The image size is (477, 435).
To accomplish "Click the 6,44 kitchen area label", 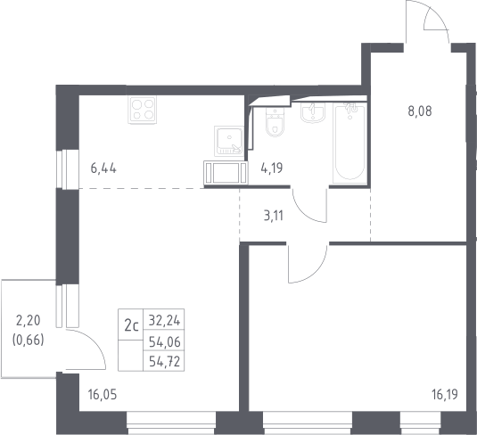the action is [x=103, y=168].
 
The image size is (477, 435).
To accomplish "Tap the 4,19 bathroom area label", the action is [x=272, y=168].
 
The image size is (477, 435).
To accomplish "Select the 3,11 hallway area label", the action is [x=273, y=216].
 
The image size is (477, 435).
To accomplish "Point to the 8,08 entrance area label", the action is [x=420, y=111].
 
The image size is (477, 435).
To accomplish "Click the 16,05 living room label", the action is [x=103, y=395].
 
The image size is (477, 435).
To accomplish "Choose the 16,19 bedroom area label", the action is [x=444, y=394].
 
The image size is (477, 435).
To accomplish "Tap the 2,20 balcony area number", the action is [x=28, y=321].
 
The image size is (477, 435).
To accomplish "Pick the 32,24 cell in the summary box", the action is [x=164, y=320].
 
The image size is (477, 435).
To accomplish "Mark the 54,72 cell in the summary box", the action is [x=164, y=362].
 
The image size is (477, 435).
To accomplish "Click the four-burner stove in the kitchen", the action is [x=143, y=110].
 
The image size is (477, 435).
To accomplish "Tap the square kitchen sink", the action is [x=229, y=141].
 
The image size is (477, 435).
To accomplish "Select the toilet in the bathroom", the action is [x=276, y=122].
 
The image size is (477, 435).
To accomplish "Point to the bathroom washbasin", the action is [x=313, y=112].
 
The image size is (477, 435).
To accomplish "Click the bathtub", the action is [x=349, y=143].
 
